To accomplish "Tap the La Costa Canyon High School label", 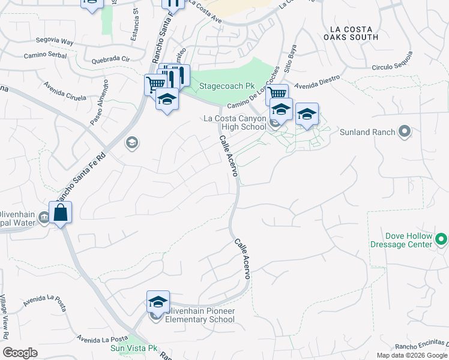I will pyautogui.click(x=235, y=122).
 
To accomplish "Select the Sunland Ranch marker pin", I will pyautogui.click(x=405, y=131).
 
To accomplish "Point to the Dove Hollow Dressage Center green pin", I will pyautogui.click(x=441, y=240).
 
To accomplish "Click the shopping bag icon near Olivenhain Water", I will pyautogui.click(x=61, y=212).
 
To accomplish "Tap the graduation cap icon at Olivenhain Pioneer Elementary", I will pyautogui.click(x=158, y=301).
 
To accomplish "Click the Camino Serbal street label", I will pyautogui.click(x=44, y=55).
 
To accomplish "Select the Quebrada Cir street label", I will pyautogui.click(x=110, y=60).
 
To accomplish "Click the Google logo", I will pyautogui.click(x=20, y=353).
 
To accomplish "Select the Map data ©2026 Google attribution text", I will pyautogui.click(x=411, y=355).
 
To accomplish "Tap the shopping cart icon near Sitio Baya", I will pyautogui.click(x=276, y=94).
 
